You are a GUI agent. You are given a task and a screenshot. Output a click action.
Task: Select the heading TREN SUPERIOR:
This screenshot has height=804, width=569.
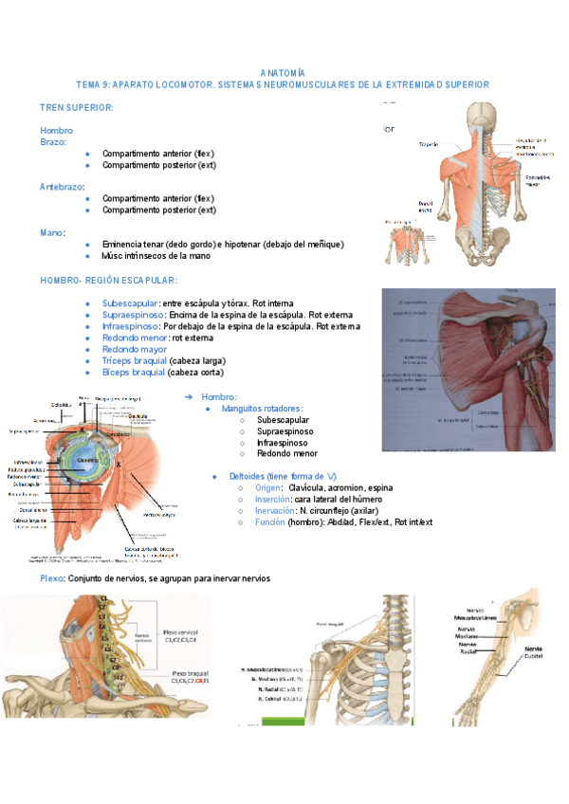point(77,108)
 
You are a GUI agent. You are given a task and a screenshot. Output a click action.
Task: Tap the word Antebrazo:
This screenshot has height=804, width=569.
point(62,187)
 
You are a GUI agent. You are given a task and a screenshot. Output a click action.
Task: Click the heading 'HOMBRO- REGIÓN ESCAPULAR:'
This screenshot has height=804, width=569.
point(108,281)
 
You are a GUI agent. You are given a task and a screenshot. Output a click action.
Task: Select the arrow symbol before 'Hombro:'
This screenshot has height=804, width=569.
point(188,396)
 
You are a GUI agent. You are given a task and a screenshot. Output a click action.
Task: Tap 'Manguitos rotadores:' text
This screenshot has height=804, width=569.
point(262,409)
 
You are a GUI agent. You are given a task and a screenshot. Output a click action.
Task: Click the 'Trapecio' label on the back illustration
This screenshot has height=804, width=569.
point(428,145)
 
